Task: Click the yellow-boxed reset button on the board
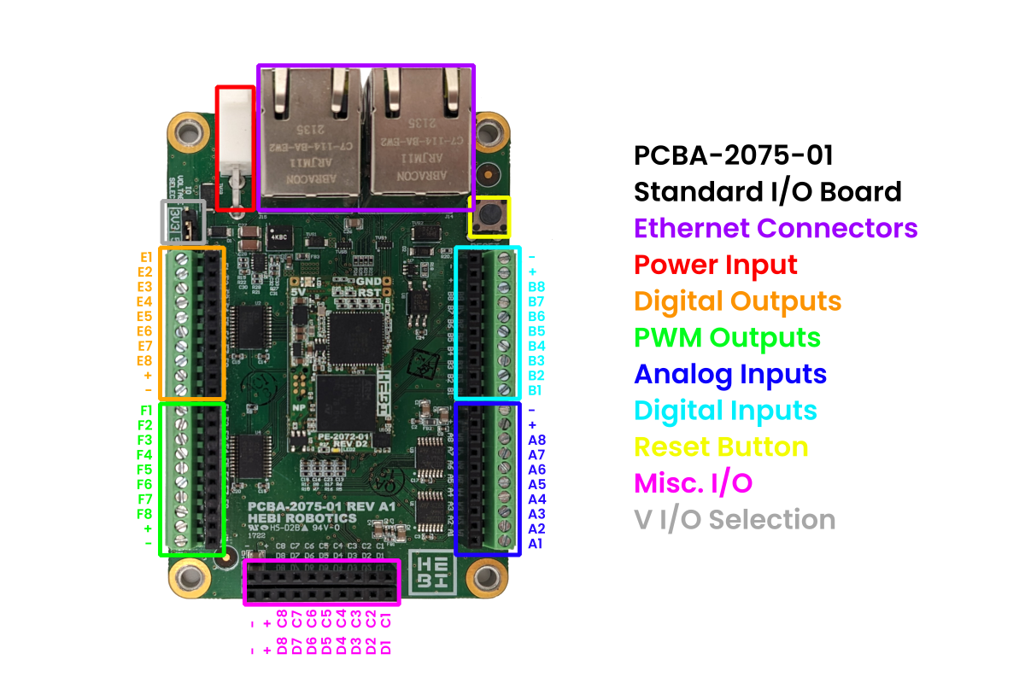coord(489,217)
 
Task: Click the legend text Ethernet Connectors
coord(776,229)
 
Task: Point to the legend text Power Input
coord(716,266)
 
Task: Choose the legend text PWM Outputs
coord(727,338)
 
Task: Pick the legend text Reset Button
coord(721,447)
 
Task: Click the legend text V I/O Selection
coord(735,520)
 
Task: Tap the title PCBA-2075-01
coord(733,155)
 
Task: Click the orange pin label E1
coord(146,256)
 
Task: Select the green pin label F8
coord(145,514)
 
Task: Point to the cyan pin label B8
coord(536,286)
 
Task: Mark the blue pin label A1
coord(536,543)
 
